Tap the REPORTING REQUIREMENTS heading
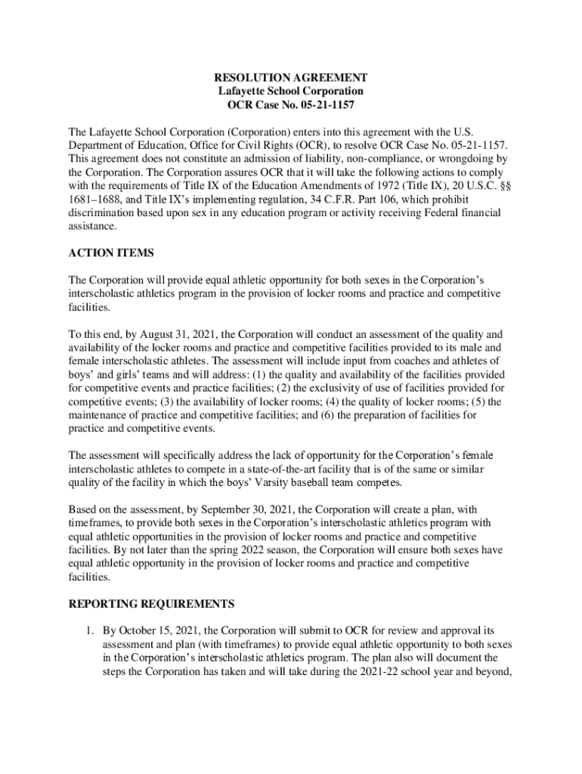point(152,604)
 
